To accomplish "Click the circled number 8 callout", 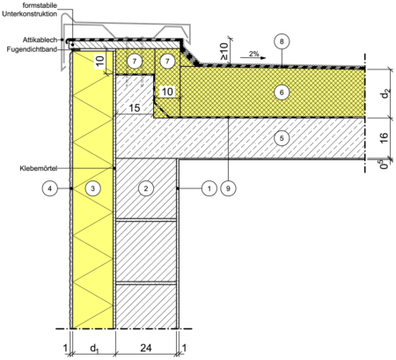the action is tap(282, 41).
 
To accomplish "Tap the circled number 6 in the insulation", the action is tap(282, 92).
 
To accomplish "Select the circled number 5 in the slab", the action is tap(282, 138).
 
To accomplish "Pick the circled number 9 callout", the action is tap(228, 188).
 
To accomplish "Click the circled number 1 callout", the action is tap(209, 188).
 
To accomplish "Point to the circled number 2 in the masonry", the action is tap(146, 188).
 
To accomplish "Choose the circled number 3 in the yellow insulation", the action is tap(92, 188).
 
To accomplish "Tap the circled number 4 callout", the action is tap(49, 188).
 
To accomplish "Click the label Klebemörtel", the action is tap(39, 168).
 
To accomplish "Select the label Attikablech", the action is tap(40, 40).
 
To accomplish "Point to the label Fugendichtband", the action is tap(32, 49).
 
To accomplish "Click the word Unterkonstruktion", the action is tap(30, 14).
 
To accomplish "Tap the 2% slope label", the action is tap(254, 54).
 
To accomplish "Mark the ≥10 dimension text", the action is tap(224, 51).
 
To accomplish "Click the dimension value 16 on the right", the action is tap(384, 138).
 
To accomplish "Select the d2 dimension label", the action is tap(385, 94).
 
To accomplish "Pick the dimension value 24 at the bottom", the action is tap(146, 348).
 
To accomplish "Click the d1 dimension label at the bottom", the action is tap(94, 349).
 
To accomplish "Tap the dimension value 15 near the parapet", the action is tap(135, 107).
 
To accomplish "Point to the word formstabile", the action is tap(40, 5).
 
